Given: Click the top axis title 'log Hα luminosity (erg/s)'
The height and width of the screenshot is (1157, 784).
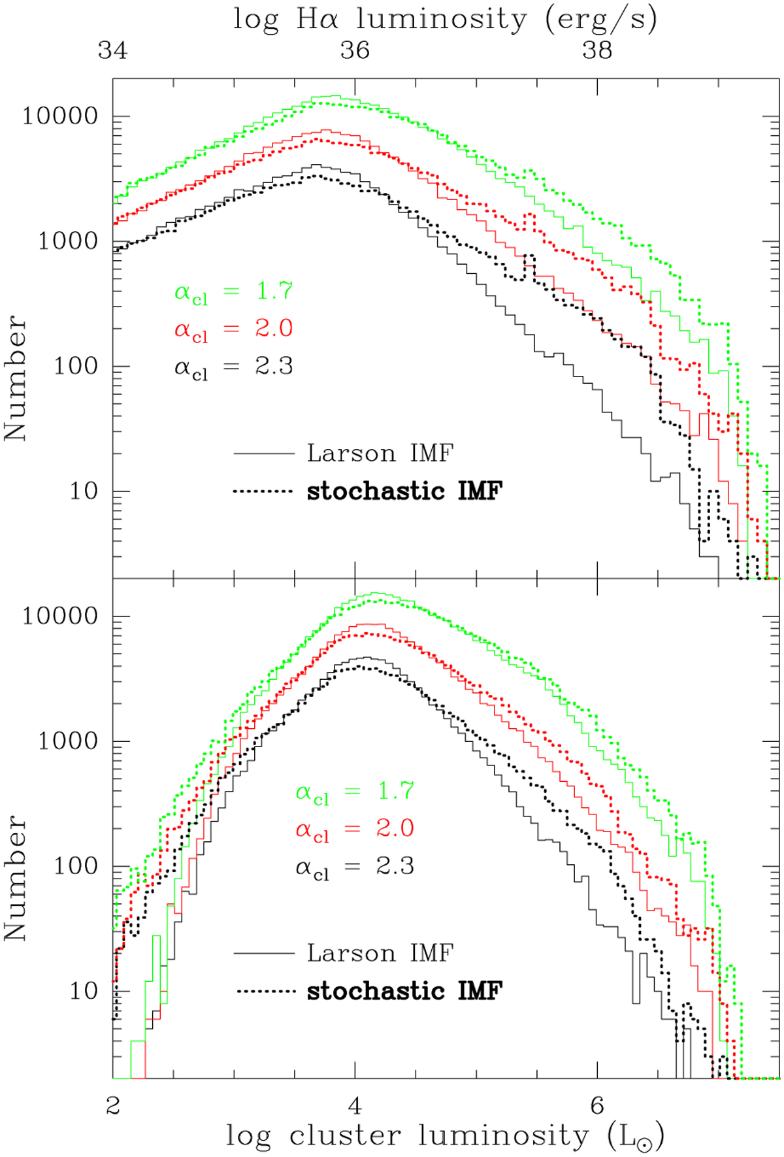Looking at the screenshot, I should coord(445,20).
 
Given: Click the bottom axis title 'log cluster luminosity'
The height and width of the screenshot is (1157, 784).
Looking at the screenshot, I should coord(445,1135).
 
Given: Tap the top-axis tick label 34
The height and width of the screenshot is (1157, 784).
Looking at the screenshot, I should coord(112,50).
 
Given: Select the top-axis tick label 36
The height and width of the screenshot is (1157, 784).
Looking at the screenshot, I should coord(355,50).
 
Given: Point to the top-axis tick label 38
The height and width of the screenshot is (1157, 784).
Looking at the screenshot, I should coord(597,50).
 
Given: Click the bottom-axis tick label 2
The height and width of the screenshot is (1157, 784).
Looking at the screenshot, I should coord(112,1106).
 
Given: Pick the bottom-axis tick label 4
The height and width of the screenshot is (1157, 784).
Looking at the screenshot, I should coord(355,1106).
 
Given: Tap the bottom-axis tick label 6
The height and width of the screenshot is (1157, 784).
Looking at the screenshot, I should coord(597,1106).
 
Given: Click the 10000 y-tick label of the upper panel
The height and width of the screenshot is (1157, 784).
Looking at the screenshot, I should coord(60,116).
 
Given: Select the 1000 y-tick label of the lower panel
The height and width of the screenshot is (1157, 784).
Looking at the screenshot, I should coord(68,741).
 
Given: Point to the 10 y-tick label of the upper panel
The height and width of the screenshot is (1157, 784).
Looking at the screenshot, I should coord(84,491).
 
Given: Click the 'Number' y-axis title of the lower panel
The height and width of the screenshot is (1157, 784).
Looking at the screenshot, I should coord(16,877).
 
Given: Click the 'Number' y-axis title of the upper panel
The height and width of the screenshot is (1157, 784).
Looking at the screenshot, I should coord(16,377).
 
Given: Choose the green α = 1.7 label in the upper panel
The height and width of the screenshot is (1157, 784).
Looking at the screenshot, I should coord(233,292).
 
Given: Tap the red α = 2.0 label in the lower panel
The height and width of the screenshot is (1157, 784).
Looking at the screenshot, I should coord(355,830).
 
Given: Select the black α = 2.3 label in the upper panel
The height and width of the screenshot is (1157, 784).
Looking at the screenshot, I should coord(233,367).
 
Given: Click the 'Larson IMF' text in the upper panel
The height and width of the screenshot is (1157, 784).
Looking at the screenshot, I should coord(380,453).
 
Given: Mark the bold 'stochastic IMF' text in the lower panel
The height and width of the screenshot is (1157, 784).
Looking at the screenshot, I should coord(404,991).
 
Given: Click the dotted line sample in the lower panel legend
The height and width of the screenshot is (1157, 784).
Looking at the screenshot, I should coord(267,992).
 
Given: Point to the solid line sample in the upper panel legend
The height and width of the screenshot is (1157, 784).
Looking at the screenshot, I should coord(264,453).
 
